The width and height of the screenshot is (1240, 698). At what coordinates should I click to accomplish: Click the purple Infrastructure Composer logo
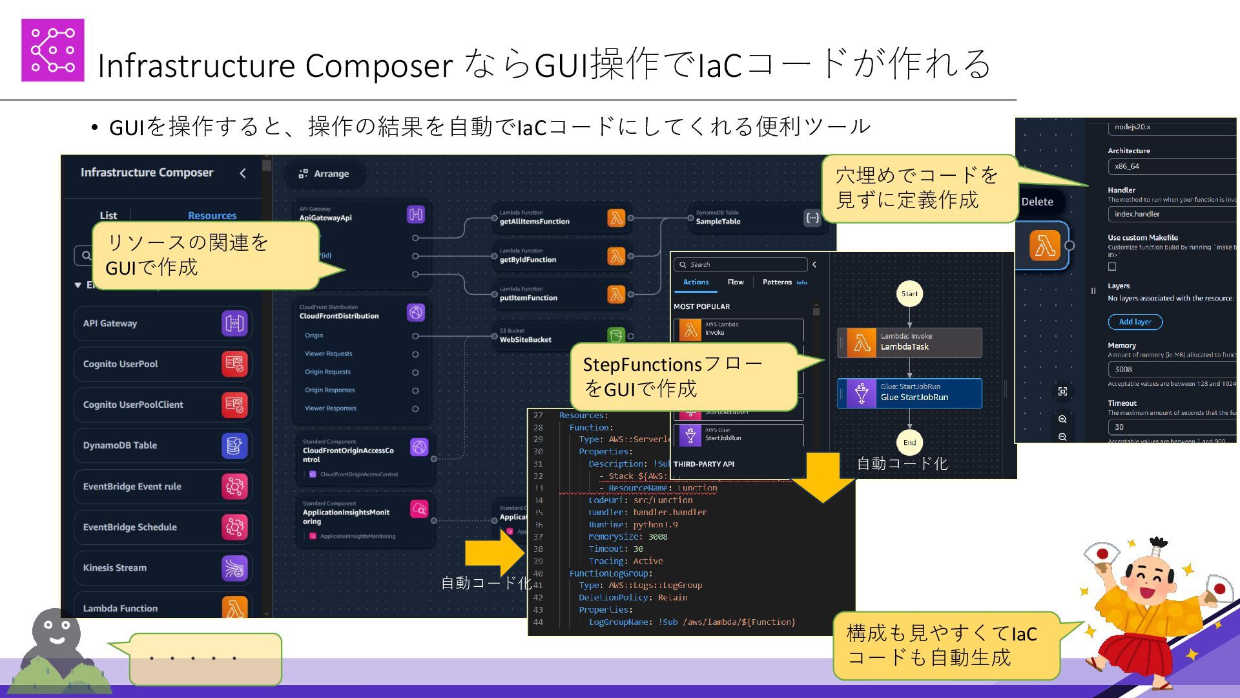coord(52,50)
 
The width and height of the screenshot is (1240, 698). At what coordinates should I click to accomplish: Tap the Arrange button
coord(324,174)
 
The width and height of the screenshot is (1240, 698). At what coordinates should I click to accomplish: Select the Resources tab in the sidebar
coord(212,215)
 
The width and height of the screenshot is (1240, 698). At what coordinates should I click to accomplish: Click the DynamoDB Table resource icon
coord(234,446)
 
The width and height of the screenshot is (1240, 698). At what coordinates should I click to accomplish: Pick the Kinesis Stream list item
coord(162,568)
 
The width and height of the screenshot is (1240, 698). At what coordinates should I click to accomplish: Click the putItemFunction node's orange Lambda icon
coord(616,295)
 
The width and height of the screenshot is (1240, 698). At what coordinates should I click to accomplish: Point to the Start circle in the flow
coord(909,293)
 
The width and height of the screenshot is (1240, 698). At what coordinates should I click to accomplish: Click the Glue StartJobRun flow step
coord(909,392)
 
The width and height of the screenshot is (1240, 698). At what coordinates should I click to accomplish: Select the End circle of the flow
coord(909,443)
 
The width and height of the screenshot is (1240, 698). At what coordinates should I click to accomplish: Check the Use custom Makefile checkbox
coord(1112,266)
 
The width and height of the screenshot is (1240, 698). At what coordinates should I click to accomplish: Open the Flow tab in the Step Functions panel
coord(735,282)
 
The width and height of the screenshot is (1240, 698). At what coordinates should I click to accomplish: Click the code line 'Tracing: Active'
coord(625,561)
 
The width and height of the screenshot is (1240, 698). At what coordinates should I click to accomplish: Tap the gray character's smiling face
coord(57,632)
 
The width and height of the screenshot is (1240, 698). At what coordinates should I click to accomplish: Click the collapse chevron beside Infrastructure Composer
coord(243,173)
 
